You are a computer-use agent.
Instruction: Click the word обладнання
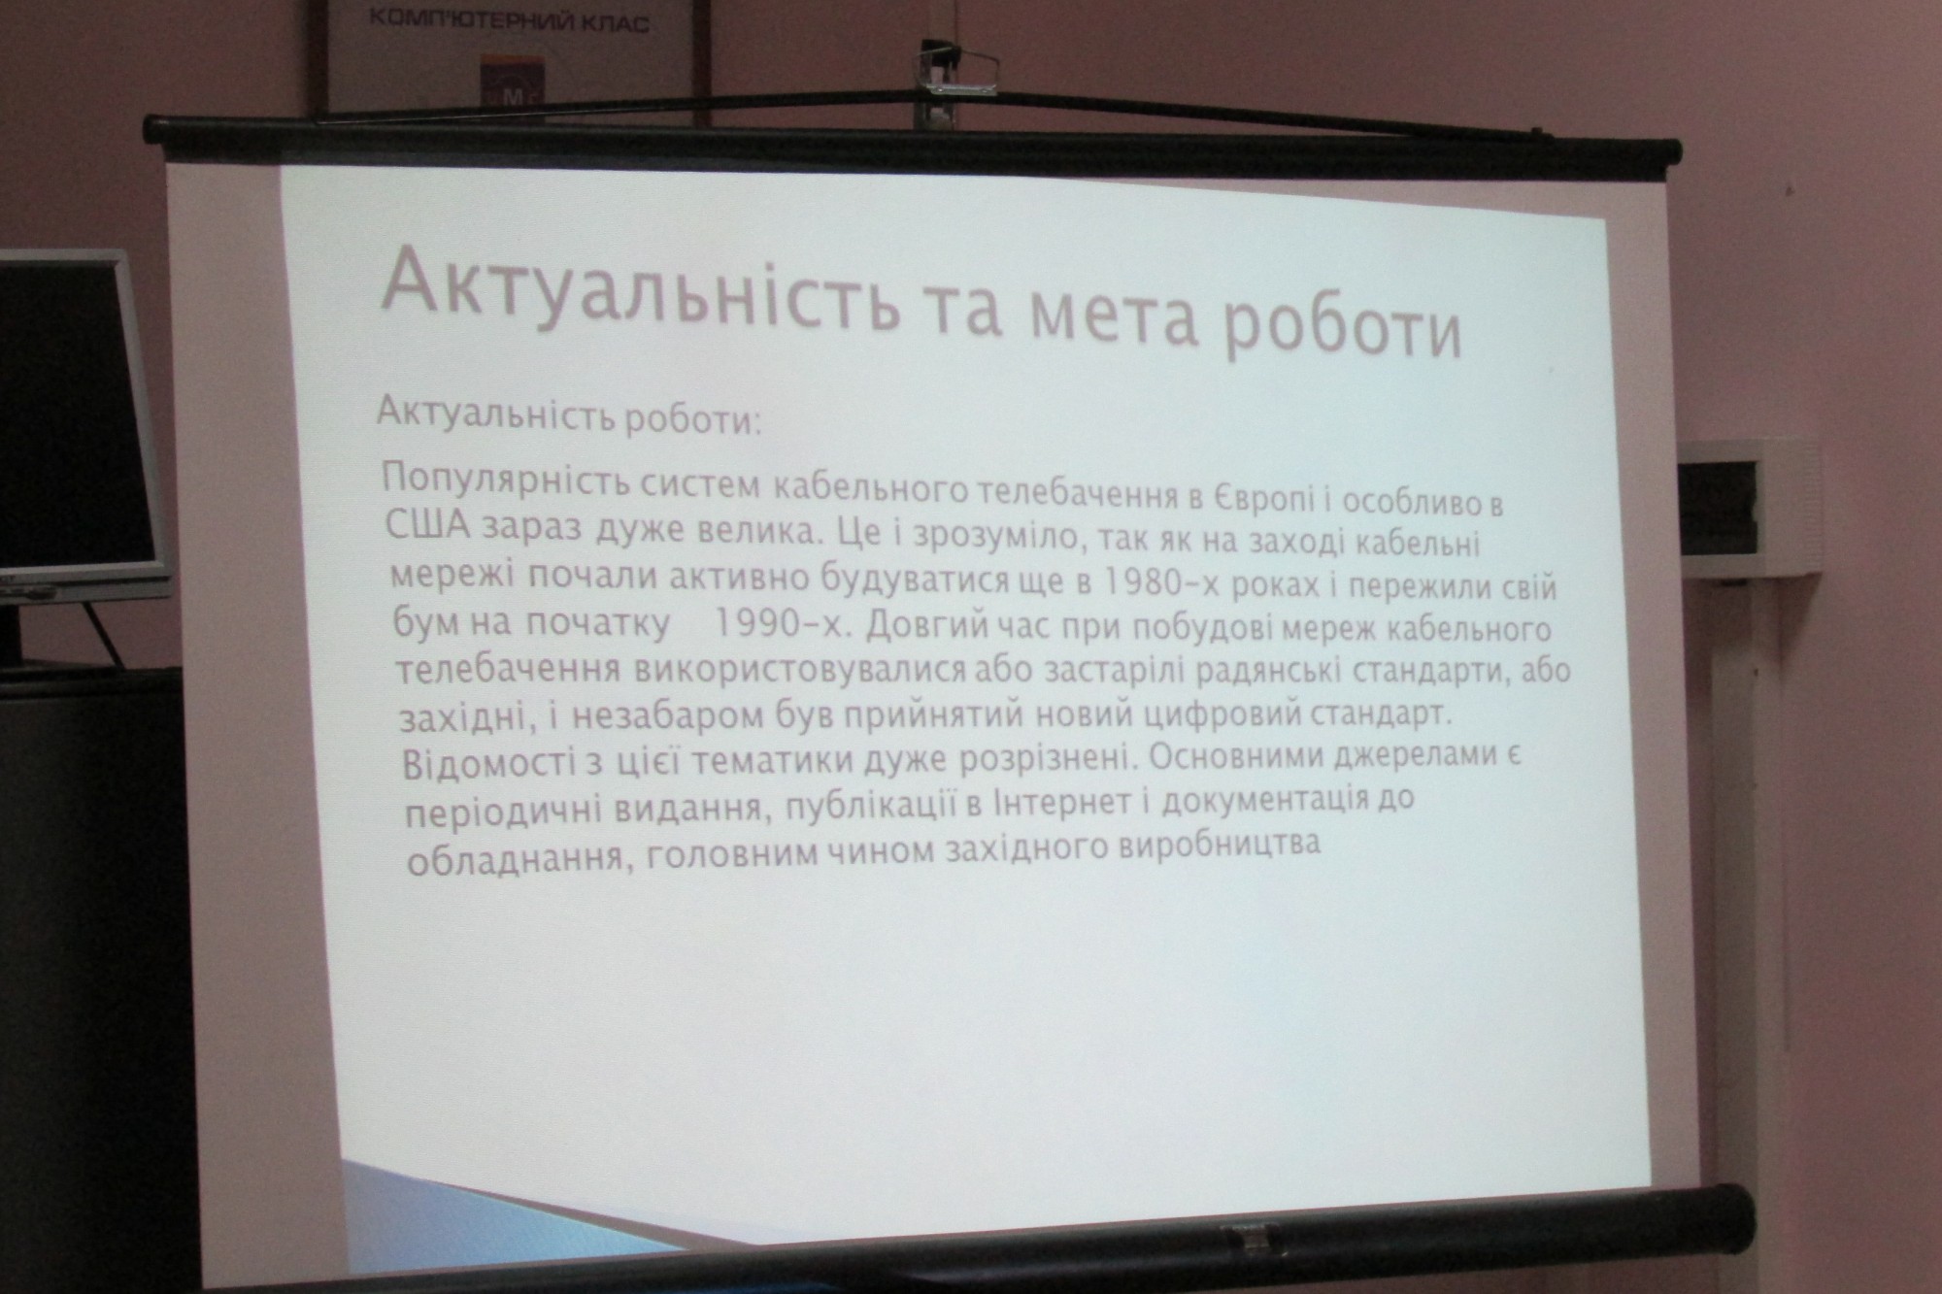[515, 859]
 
